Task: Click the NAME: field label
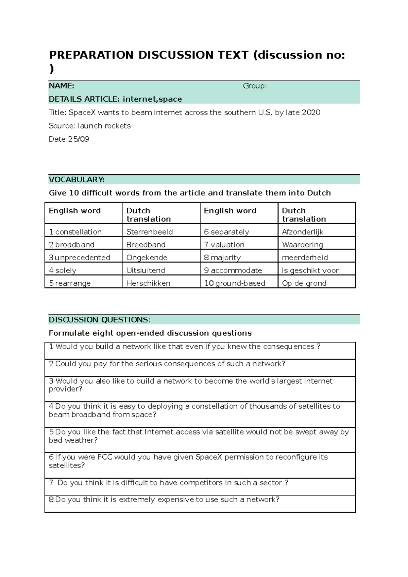62,86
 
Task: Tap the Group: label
255,86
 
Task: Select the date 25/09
79,139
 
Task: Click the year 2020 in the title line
311,112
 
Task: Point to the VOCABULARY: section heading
76,179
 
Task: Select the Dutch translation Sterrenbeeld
150,232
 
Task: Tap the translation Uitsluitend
146,270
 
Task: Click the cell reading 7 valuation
224,245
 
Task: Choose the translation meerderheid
305,258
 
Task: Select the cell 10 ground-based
235,283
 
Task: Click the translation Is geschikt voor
310,270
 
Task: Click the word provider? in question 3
65,389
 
